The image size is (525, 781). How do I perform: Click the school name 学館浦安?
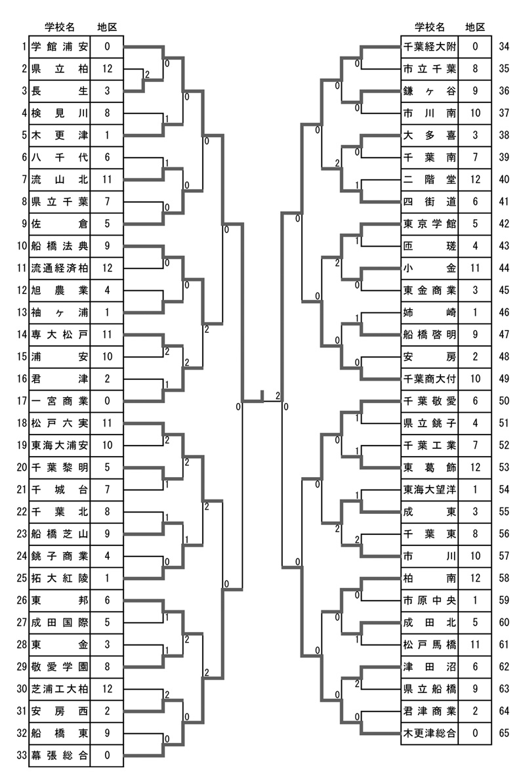coord(59,47)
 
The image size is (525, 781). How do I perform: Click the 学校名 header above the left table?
coord(59,27)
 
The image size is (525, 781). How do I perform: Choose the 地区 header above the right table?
coord(474,27)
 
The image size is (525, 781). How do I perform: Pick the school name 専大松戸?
coord(59,334)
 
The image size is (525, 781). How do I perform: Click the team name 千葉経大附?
coord(430,47)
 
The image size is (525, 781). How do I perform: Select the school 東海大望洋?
coord(430,490)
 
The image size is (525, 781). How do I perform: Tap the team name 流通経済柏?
coord(59,268)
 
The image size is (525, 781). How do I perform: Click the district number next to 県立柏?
coord(107,69)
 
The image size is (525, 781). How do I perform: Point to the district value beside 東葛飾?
coord(474,467)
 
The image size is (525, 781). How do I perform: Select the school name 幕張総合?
coord(59,755)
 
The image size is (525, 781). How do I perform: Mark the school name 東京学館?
coord(430,223)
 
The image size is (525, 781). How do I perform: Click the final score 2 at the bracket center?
coord(278,396)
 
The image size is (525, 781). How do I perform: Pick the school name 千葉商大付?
coord(430,379)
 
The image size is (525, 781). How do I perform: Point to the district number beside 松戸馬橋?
coord(474,644)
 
